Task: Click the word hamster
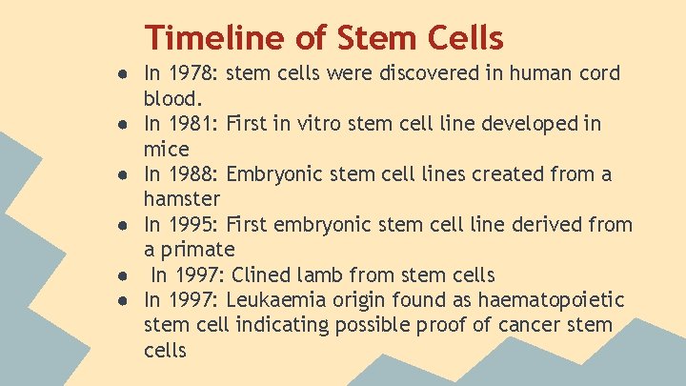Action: click(182, 199)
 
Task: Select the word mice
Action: click(167, 149)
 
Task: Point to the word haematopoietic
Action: click(552, 300)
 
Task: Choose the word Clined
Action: click(266, 275)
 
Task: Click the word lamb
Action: click(336, 275)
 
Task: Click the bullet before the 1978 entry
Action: click(125, 74)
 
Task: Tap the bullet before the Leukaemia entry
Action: click(125, 301)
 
